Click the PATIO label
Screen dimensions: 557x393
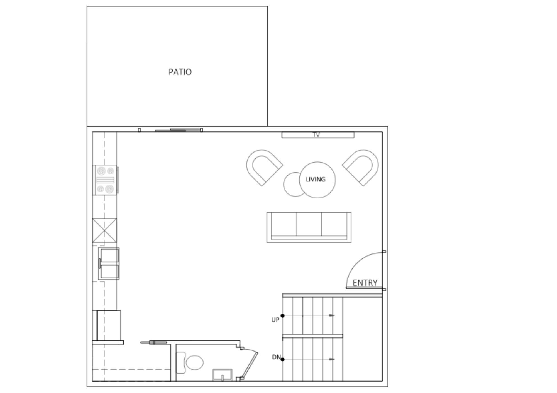click(x=180, y=72)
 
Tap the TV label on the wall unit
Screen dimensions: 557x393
click(x=316, y=135)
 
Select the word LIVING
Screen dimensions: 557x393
click(x=316, y=180)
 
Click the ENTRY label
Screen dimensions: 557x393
click(x=365, y=283)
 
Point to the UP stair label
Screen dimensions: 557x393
click(x=275, y=320)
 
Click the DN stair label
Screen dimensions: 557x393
click(x=276, y=357)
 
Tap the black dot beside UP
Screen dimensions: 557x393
click(x=282, y=315)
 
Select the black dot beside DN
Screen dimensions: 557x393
click(x=282, y=359)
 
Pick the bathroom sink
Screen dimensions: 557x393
click(x=222, y=375)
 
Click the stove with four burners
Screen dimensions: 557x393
click(x=105, y=180)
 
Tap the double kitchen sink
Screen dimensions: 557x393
click(x=109, y=263)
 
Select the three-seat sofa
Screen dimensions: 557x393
click(x=309, y=227)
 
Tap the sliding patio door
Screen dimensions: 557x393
click(x=178, y=130)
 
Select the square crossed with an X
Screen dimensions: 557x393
click(x=104, y=230)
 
